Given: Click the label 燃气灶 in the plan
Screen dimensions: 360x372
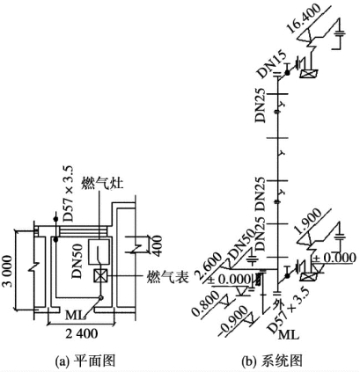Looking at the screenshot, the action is click(x=102, y=184).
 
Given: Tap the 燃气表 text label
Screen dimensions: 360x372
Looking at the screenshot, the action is click(x=167, y=276).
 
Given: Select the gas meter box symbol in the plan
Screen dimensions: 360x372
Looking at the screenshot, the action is click(x=100, y=276).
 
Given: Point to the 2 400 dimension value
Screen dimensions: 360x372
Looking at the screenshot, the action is click(x=81, y=333).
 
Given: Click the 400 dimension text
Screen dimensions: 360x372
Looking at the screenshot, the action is click(x=156, y=245).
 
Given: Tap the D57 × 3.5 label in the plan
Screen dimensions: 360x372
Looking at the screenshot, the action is click(x=68, y=193).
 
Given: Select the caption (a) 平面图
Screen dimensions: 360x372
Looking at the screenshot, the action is click(x=85, y=361).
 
